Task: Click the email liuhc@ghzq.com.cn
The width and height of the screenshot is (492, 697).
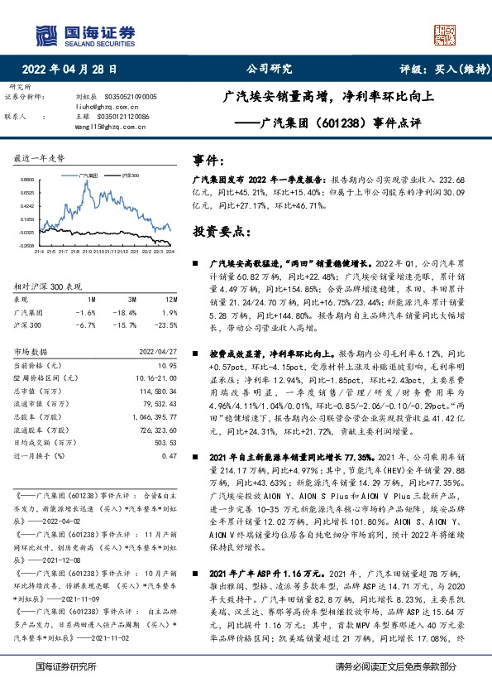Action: point(104,107)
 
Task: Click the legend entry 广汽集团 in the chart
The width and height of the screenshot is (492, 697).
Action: point(88,175)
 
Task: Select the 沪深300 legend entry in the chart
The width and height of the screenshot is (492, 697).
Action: point(130,175)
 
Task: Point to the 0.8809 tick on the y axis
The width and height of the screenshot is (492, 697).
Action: point(26,180)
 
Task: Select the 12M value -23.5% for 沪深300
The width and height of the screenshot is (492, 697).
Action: point(167,325)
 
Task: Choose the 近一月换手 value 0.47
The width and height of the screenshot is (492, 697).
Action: point(170,455)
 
